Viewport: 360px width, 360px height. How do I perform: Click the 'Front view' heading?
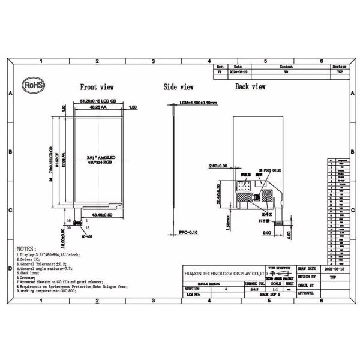pos(97,87)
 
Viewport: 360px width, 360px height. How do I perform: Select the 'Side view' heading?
pos(179,87)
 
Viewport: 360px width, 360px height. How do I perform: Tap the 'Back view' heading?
pos(250,87)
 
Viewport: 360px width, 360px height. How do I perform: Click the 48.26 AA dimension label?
pos(100,108)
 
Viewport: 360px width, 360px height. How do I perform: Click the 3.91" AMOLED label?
pos(101,157)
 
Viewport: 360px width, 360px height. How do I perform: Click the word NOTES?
pos(27,248)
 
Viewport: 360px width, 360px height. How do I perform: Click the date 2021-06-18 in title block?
pos(334,269)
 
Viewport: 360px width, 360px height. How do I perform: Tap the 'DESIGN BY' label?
pos(306,277)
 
